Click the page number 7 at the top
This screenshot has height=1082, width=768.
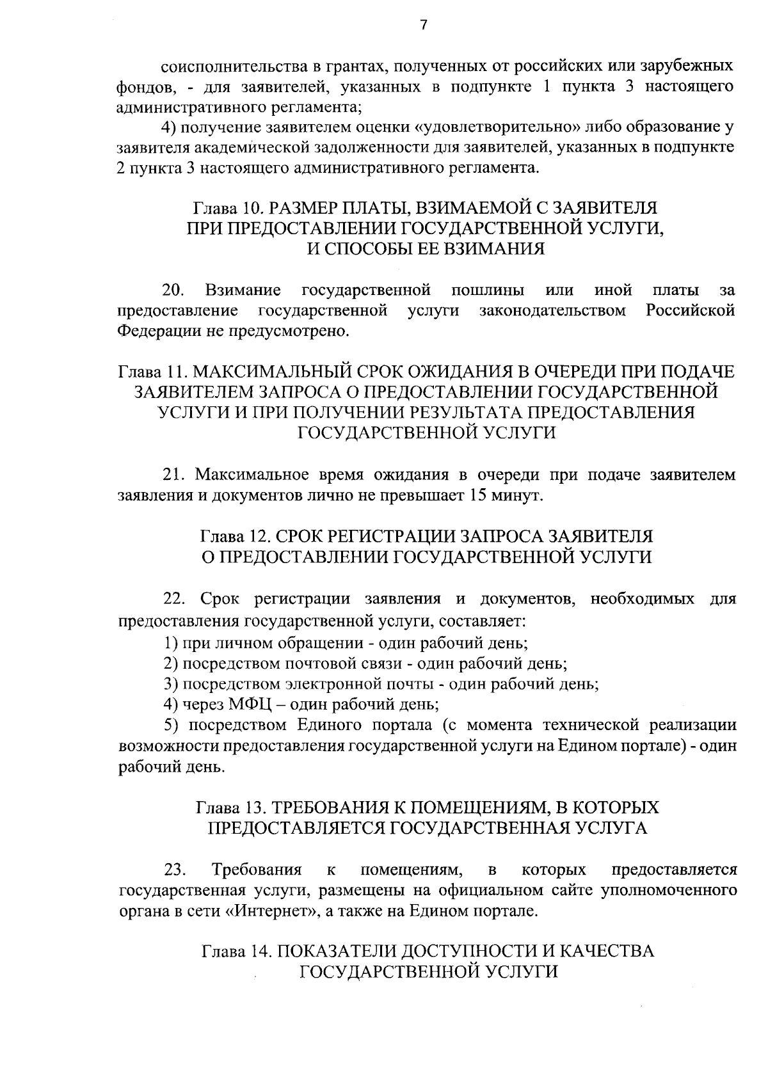[x=422, y=25]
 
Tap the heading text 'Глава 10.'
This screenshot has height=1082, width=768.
[x=228, y=209]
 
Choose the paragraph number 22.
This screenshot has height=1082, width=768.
[x=175, y=600]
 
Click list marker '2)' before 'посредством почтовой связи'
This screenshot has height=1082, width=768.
[x=171, y=663]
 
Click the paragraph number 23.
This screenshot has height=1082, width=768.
[x=175, y=870]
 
